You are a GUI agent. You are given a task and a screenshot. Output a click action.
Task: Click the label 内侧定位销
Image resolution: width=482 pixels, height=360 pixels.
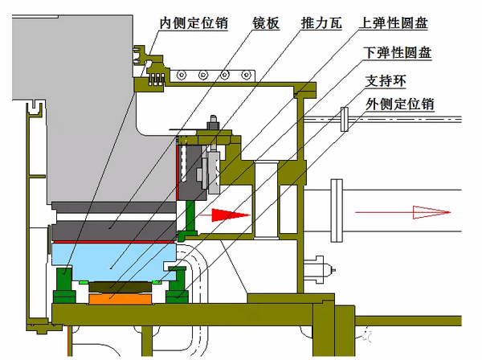click(194, 23)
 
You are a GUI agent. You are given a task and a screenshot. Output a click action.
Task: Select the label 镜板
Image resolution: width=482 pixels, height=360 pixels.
click(267, 23)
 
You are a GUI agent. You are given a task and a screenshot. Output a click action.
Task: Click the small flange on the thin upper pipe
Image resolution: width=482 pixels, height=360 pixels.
click(344, 119)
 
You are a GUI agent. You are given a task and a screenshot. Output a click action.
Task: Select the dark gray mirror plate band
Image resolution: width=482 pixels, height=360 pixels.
click(112, 229)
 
